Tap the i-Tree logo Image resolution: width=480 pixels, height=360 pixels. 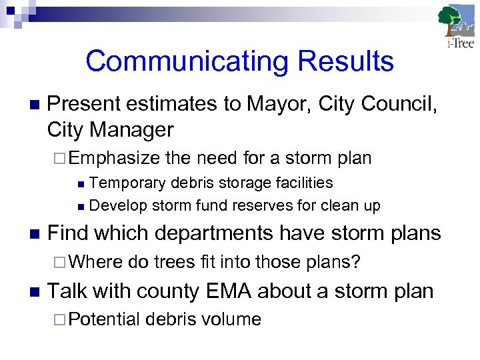tap(457, 27)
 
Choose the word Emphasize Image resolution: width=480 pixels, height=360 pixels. tap(114, 158)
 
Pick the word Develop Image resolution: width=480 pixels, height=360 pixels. tap(117, 205)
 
